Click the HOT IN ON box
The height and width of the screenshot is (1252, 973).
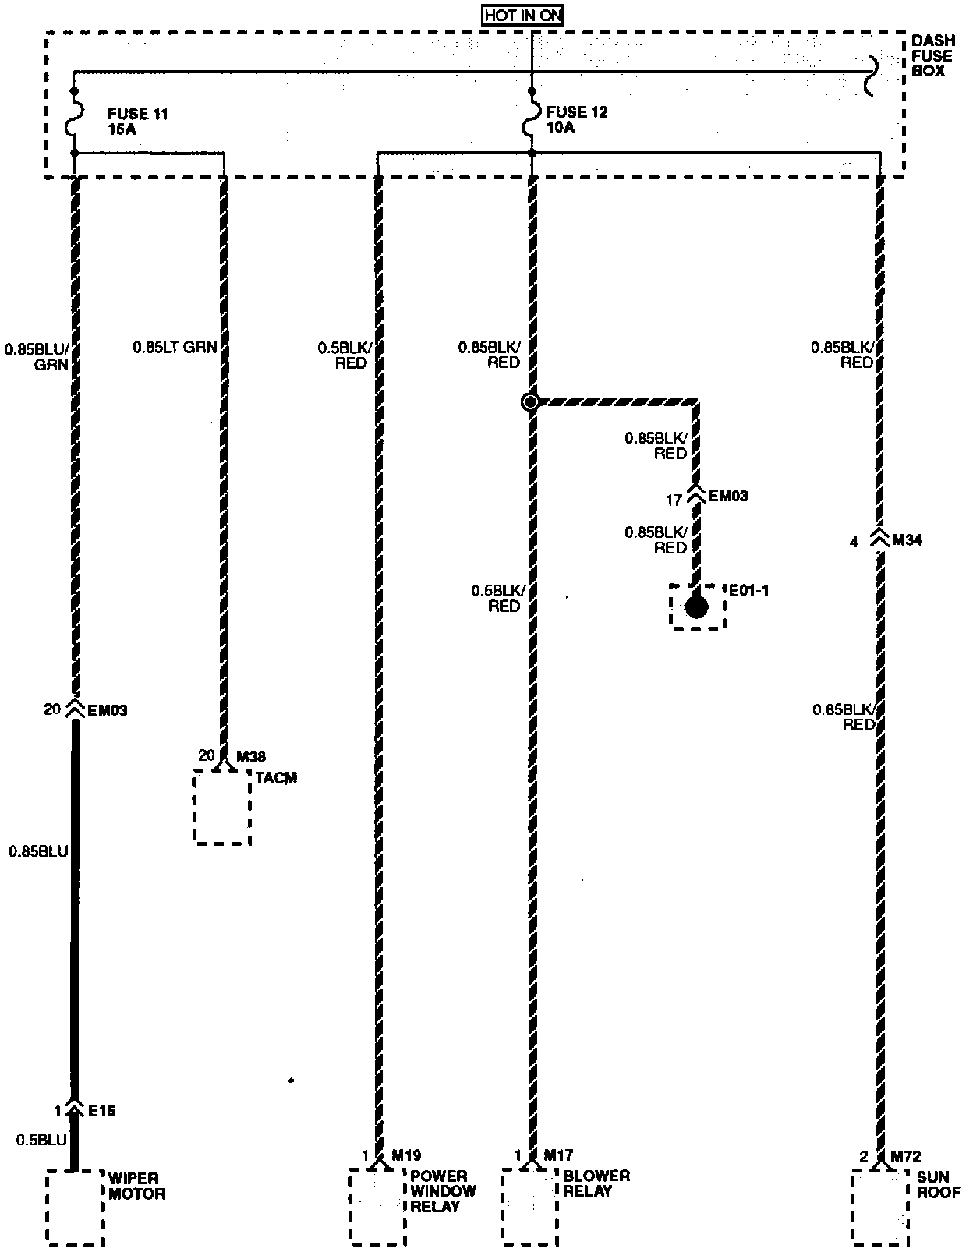[x=522, y=15]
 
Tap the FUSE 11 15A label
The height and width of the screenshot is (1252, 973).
[x=138, y=122]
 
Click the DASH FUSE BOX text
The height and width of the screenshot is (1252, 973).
[x=932, y=56]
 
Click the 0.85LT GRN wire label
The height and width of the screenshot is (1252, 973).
[x=175, y=348]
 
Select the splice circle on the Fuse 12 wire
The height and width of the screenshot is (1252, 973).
[x=530, y=402]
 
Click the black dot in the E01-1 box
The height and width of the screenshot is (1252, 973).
[x=696, y=607]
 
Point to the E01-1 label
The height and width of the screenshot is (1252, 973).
[x=748, y=590]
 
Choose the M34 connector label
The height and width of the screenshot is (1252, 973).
[x=907, y=539]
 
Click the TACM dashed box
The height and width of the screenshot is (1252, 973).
[x=222, y=807]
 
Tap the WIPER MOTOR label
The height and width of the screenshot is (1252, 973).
[x=137, y=1186]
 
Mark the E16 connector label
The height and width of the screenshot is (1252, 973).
[x=101, y=1110]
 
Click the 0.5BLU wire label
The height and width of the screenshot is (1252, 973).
[x=41, y=1140]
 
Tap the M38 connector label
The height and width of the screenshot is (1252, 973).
[x=251, y=756]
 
